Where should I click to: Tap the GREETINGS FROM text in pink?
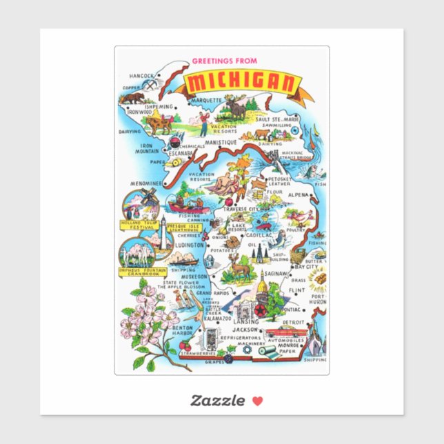tap(224, 61)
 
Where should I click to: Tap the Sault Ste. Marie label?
tap(277, 119)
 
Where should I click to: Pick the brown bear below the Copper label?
tap(133, 98)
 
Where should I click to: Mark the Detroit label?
tap(294, 323)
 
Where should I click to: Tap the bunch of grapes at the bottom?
tap(232, 352)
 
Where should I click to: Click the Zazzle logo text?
tap(218, 401)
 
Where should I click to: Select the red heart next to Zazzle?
tap(257, 401)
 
